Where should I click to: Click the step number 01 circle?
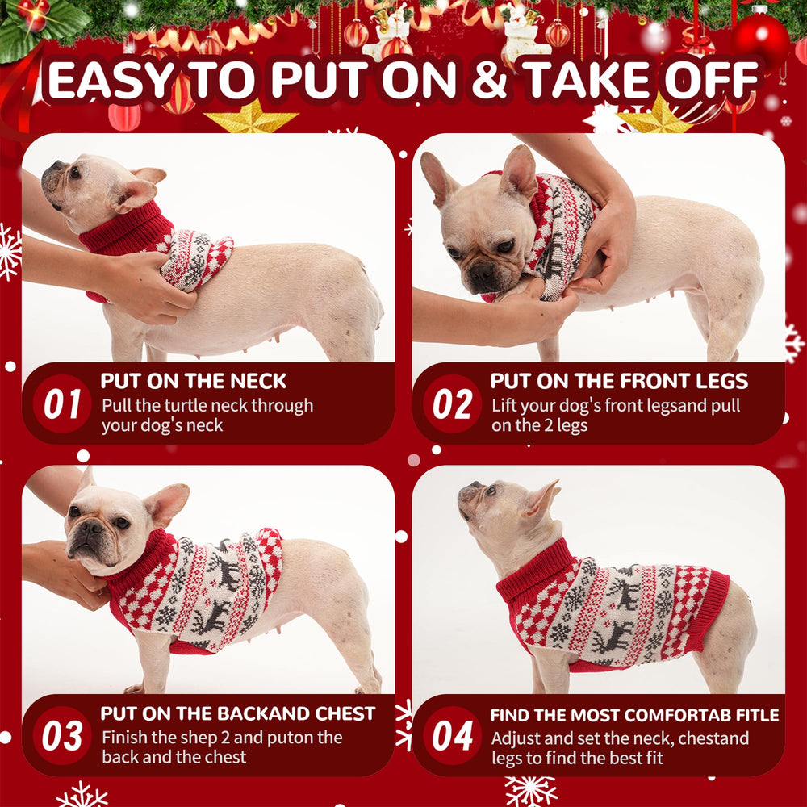[x=61, y=403]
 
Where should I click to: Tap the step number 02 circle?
[x=452, y=403]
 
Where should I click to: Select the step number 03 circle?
[x=61, y=736]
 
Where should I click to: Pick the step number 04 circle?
[x=452, y=736]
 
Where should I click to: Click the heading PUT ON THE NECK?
[x=193, y=381]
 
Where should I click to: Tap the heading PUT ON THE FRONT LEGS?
[x=619, y=381]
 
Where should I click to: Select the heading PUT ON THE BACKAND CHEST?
[x=237, y=713]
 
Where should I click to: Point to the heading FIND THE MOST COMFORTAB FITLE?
[x=634, y=715]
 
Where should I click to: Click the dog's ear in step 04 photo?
[x=542, y=498]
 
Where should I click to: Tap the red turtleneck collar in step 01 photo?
[x=125, y=230]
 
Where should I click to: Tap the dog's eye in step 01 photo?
[x=74, y=171]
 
